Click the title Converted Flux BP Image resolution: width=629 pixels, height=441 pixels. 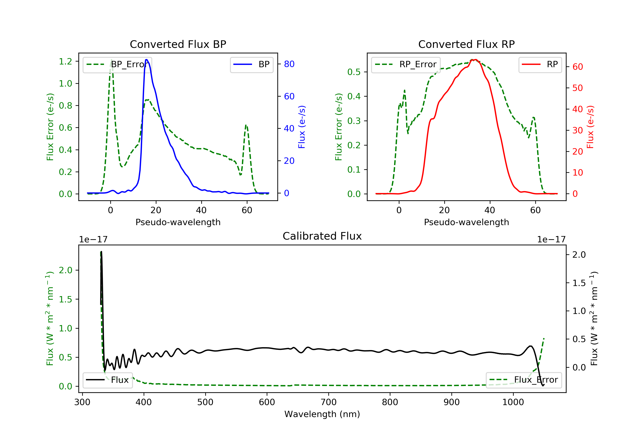(178, 44)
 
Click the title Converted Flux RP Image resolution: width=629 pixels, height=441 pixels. (467, 44)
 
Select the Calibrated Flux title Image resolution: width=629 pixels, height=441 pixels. (322, 236)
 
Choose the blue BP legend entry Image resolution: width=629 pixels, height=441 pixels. (251, 64)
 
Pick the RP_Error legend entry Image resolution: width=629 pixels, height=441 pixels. (405, 64)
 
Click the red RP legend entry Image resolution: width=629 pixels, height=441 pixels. (540, 64)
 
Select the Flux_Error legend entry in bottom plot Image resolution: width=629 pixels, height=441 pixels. (524, 380)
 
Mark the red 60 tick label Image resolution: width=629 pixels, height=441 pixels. (578, 67)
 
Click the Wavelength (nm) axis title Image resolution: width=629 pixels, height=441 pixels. (322, 414)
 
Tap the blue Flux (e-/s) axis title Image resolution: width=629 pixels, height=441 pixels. (302, 127)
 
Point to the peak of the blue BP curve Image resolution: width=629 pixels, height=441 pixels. (147, 60)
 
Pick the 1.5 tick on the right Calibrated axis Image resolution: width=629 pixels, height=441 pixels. (579, 283)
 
